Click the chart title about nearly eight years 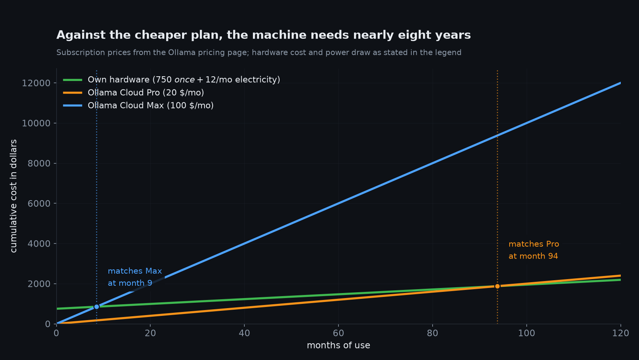click(263, 35)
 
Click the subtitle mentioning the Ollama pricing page click(259, 53)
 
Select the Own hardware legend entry click(172, 80)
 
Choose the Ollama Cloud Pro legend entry click(134, 93)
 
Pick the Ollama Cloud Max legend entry click(138, 105)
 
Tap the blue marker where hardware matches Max click(97, 307)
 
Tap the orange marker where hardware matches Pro click(498, 286)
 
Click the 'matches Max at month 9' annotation click(135, 277)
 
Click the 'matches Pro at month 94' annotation click(534, 250)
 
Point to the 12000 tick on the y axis click(36, 83)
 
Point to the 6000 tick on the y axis click(39, 204)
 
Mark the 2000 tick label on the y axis click(39, 284)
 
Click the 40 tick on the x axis click(244, 333)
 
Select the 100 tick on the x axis click(527, 333)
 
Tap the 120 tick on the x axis click(621, 333)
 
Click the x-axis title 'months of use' click(338, 345)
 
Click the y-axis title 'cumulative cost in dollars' click(14, 196)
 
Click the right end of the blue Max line click(621, 83)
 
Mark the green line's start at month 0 click(57, 309)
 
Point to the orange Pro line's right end click(621, 276)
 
